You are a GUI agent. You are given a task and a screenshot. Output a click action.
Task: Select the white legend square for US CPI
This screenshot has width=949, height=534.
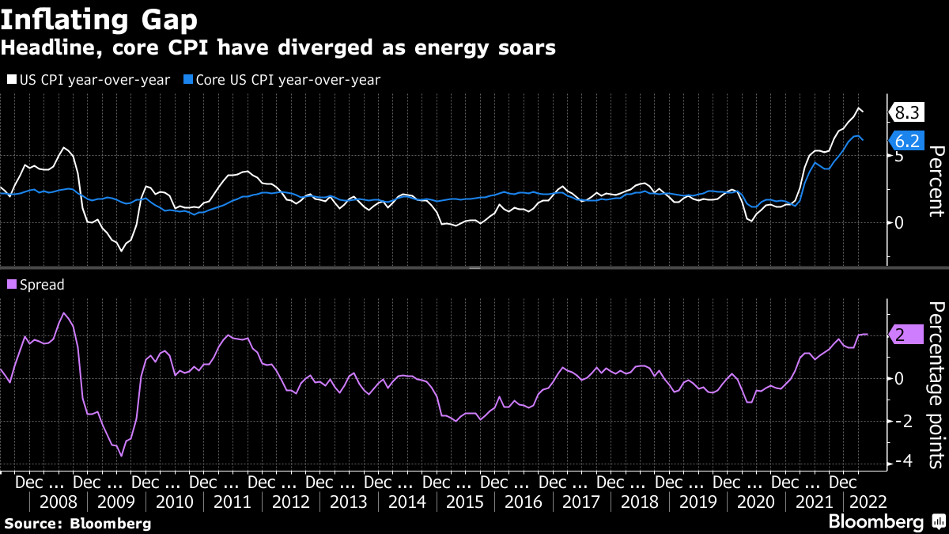11,79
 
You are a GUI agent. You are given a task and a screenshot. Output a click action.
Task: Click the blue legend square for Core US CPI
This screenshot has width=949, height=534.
187,79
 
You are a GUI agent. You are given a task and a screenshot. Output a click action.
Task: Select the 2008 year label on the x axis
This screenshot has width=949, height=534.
58,502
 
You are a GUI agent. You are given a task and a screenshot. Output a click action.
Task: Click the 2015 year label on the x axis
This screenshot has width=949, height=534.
465,502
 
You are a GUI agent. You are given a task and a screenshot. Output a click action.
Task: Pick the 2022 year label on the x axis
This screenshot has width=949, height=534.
867,502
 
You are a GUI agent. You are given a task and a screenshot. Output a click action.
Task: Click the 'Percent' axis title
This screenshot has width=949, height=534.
936,181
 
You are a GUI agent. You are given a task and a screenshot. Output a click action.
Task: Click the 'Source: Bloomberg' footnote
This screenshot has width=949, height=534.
78,523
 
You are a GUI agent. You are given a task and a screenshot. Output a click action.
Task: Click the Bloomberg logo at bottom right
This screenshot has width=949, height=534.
886,522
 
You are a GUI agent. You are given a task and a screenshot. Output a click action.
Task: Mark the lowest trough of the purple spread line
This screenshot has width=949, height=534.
122,456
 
